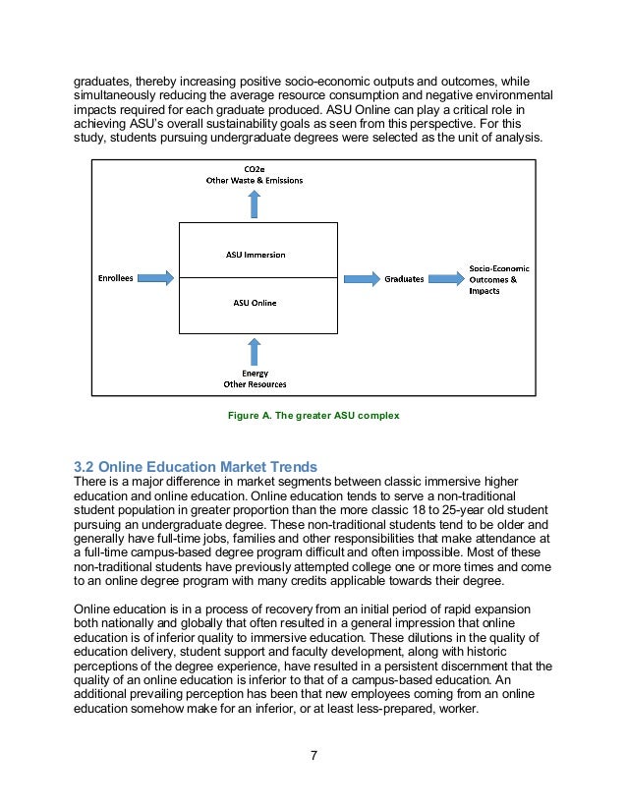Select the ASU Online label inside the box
point(256,303)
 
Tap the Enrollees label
point(115,278)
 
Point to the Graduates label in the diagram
point(404,278)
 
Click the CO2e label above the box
point(254,170)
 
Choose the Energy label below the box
point(255,374)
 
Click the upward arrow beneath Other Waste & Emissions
point(255,204)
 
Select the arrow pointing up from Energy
point(255,351)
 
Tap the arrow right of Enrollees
point(156,278)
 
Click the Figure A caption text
point(313,416)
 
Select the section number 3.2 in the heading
point(85,465)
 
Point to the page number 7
point(313,755)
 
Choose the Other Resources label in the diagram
point(255,384)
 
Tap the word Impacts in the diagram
point(484,291)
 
